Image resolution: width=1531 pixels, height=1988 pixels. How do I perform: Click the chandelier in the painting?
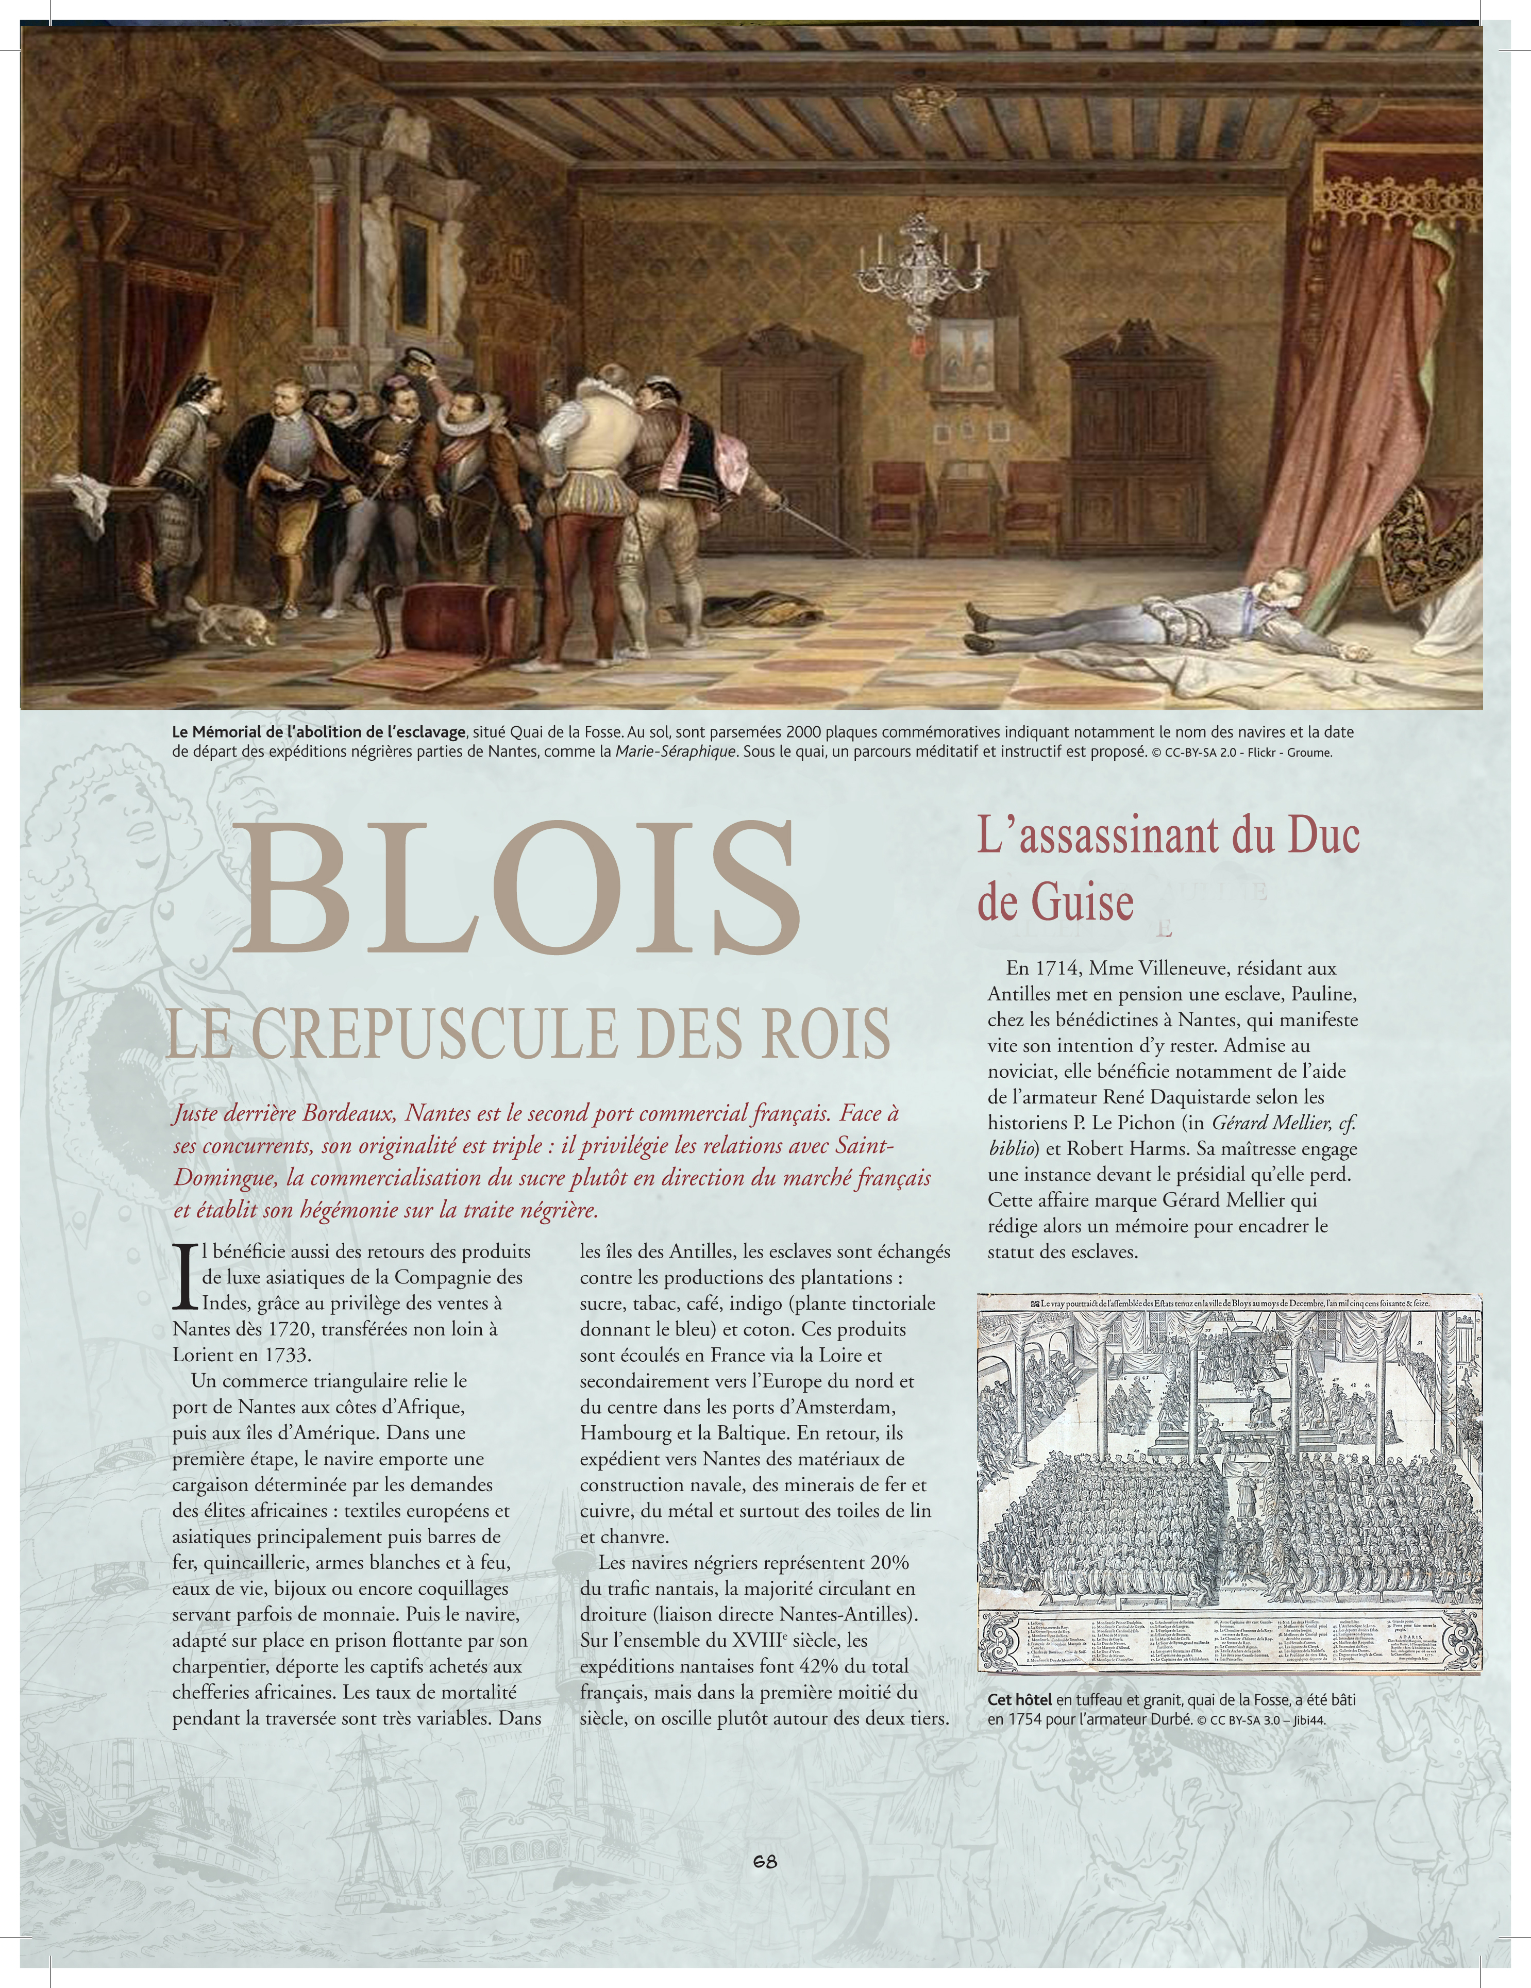pyautogui.click(x=921, y=259)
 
